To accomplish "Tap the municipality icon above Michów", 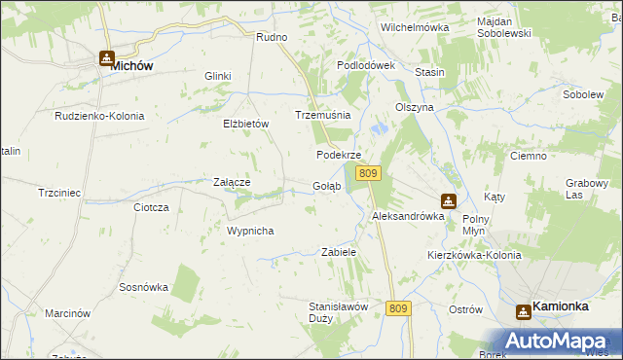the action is (106, 57).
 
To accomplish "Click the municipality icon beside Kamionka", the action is (523, 310).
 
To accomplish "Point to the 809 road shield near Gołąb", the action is (367, 172).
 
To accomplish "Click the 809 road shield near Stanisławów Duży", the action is (398, 307).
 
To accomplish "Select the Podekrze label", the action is (339, 155).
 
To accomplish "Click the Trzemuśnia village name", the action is (322, 115).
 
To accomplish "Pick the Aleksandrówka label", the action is (408, 217).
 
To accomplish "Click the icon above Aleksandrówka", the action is (448, 201).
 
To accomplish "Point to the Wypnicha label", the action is (250, 231).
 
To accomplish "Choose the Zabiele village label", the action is (339, 252).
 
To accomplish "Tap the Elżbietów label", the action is (245, 124).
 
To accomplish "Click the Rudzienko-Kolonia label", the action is (99, 116).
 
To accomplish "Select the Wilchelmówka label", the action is (415, 27).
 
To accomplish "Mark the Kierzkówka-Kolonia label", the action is (474, 255).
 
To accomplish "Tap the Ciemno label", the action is (530, 155).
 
